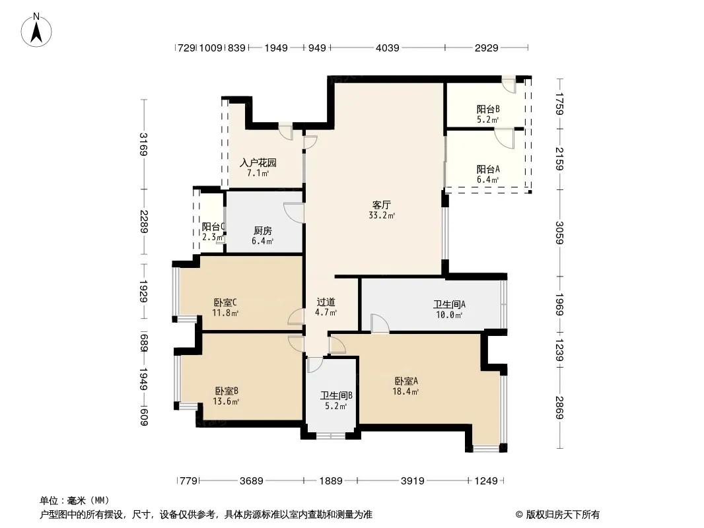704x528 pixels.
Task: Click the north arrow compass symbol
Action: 36,30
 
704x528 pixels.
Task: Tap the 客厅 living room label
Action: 382,205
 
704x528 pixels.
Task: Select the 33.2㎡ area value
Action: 382,215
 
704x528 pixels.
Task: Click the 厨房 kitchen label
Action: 263,230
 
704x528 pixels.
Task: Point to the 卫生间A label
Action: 449,304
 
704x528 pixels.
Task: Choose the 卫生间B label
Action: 336,395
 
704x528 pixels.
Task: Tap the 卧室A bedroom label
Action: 406,381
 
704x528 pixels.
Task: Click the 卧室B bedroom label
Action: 227,391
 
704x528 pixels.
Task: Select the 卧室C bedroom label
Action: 225,302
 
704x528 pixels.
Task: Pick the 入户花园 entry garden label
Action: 258,162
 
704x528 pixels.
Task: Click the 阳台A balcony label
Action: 487,169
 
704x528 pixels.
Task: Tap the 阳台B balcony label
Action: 487,109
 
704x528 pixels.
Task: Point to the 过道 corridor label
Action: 326,302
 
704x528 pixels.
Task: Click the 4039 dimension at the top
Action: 387,48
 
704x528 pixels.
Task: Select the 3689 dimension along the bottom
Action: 251,481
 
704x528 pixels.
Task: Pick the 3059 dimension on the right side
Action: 559,232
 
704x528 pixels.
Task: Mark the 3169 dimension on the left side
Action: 144,144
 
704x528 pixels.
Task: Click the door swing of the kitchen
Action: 293,212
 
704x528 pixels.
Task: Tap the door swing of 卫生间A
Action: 379,323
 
